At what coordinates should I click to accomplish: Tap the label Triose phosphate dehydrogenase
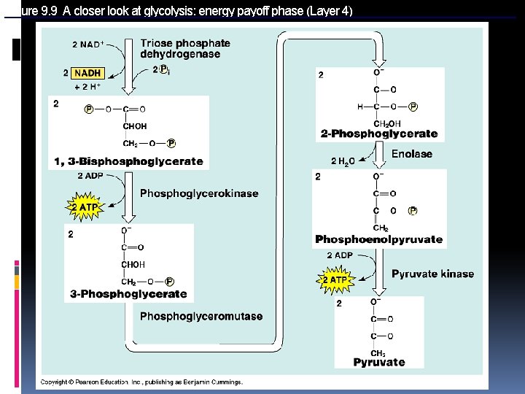(x=185, y=49)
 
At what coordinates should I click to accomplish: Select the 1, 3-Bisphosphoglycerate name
(x=128, y=161)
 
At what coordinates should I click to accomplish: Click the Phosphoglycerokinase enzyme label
(x=199, y=193)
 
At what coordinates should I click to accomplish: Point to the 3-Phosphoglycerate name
(x=128, y=294)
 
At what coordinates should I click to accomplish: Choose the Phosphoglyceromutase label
(x=201, y=316)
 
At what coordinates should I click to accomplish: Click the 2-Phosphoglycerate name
(x=379, y=134)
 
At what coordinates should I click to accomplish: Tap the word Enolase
(x=412, y=154)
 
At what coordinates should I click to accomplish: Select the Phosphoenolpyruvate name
(x=378, y=239)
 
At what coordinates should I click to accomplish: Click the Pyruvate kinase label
(x=432, y=274)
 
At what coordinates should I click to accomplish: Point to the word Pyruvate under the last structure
(x=379, y=362)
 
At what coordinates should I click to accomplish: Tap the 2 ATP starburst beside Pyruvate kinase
(x=335, y=279)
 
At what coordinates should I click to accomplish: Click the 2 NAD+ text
(x=88, y=45)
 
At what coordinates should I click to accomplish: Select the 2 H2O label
(x=343, y=161)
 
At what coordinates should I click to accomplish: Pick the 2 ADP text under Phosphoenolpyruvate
(x=340, y=255)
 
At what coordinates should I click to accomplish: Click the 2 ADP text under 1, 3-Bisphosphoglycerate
(x=90, y=176)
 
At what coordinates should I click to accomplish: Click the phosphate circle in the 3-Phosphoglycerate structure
(x=169, y=282)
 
